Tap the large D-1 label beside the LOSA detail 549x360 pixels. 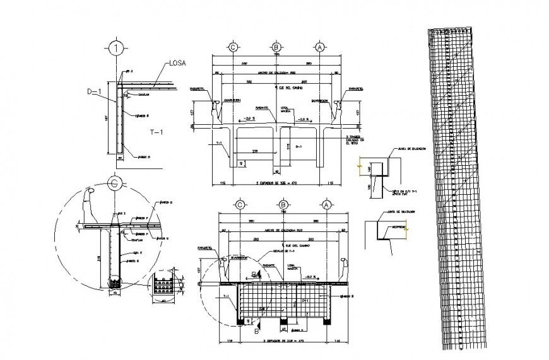pyautogui.click(x=95, y=92)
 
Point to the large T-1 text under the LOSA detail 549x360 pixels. pyautogui.click(x=157, y=132)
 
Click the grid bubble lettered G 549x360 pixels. pyautogui.click(x=115, y=183)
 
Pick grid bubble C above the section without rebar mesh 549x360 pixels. pyautogui.click(x=233, y=47)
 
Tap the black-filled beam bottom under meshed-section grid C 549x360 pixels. pyautogui.click(x=240, y=322)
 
